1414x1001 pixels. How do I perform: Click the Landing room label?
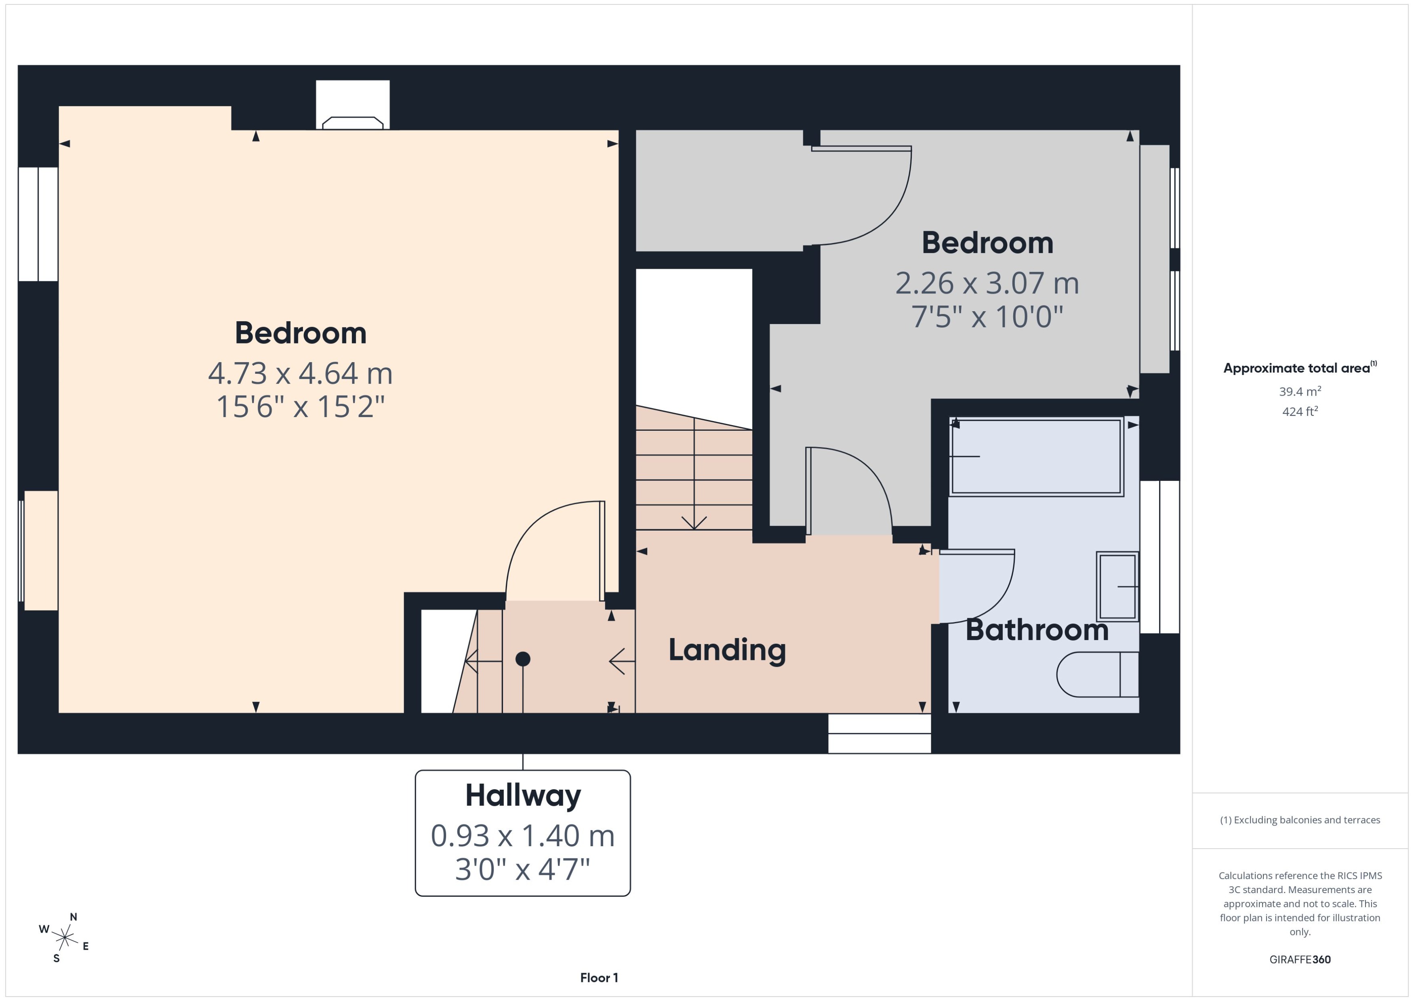point(727,650)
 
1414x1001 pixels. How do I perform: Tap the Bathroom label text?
point(1036,630)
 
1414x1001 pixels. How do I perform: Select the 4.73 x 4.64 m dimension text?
point(300,373)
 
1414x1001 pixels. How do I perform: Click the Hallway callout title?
point(522,795)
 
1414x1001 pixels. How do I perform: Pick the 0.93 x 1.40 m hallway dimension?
point(522,836)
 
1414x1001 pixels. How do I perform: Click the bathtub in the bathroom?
point(1036,457)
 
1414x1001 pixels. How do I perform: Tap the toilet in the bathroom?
point(1097,674)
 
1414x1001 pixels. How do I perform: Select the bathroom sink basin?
point(1117,586)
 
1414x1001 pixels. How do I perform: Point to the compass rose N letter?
point(73,917)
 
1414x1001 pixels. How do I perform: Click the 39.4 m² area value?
point(1299,392)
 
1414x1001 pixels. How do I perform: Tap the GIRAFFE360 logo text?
point(1299,959)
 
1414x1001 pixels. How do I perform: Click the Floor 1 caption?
point(599,978)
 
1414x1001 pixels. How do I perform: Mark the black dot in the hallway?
point(522,659)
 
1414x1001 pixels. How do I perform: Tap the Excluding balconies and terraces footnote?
point(1299,820)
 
